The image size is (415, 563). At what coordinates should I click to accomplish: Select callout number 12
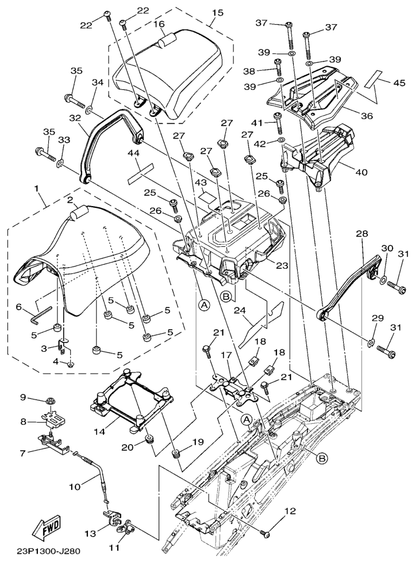coord(290,511)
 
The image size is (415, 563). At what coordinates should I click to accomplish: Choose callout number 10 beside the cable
coord(75,486)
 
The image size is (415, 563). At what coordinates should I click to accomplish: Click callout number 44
coord(134,153)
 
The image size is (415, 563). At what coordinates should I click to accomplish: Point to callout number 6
coord(18,306)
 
